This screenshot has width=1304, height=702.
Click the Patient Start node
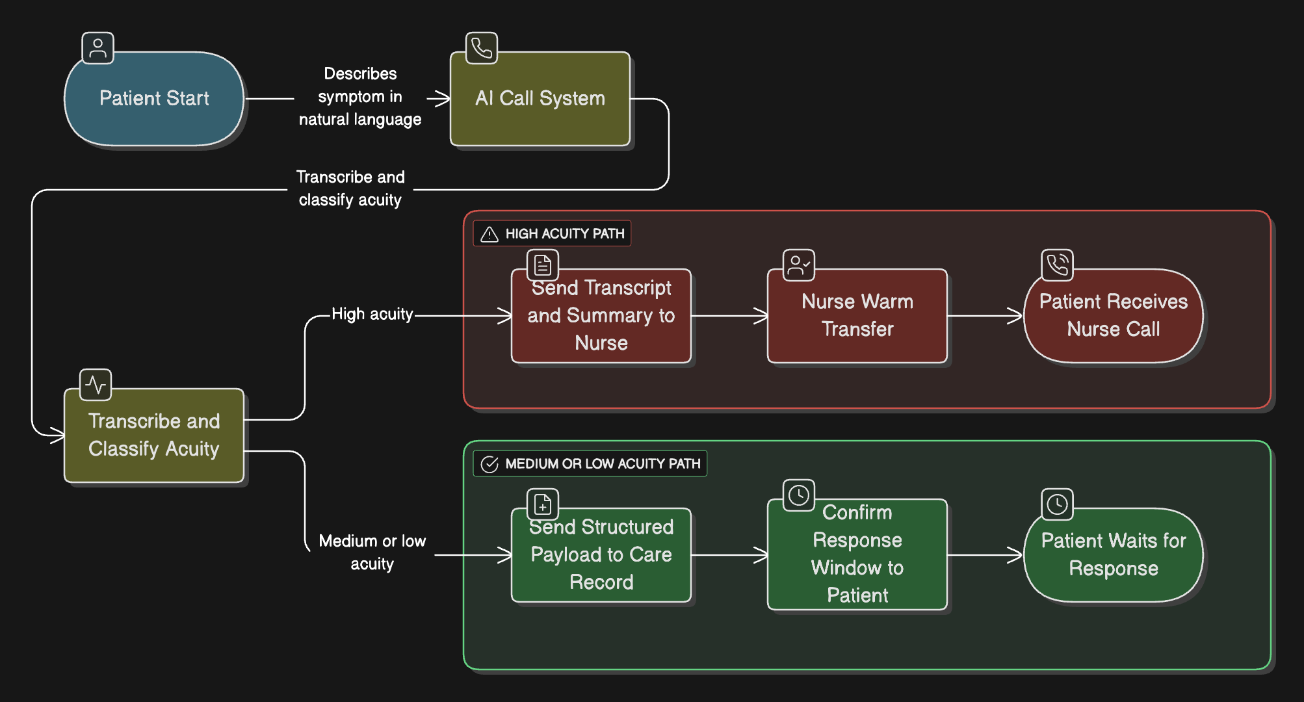coord(154,99)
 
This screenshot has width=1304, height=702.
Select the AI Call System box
coord(540,99)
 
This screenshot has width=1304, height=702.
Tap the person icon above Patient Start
coord(98,48)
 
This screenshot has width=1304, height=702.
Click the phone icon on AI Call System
coord(482,48)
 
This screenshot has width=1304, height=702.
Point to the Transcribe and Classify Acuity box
coord(154,435)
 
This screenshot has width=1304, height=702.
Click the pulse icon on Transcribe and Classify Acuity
coord(96,385)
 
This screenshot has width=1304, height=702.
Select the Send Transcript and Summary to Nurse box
coord(601,316)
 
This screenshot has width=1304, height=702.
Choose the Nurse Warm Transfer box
coord(857,316)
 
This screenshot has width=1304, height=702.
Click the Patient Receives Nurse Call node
coord(1113,316)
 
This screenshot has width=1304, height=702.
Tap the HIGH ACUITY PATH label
coord(564,234)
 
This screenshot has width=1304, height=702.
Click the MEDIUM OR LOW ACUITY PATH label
coord(602,464)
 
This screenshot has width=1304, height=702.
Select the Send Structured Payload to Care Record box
coord(601,555)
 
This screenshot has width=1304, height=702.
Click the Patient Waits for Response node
coord(1113,555)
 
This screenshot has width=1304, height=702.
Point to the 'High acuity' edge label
coord(372,315)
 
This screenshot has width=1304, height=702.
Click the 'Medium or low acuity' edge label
coord(372,552)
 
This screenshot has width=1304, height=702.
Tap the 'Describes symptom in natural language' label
coord(360,97)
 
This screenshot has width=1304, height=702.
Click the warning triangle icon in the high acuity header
coord(489,235)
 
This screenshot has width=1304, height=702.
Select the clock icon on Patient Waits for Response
coord(1057,504)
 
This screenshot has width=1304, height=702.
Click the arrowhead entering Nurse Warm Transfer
coord(761,316)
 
